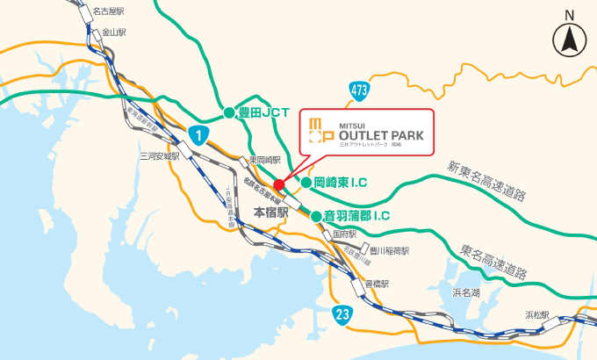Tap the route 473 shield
coord(358,89)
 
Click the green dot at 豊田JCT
coord(228,112)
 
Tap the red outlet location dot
coord(278,184)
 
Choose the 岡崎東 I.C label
coord(340,183)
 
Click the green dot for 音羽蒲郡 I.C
coord(315,214)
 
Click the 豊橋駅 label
coord(377,284)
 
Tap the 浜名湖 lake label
coord(465,292)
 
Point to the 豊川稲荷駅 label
coord(391,250)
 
